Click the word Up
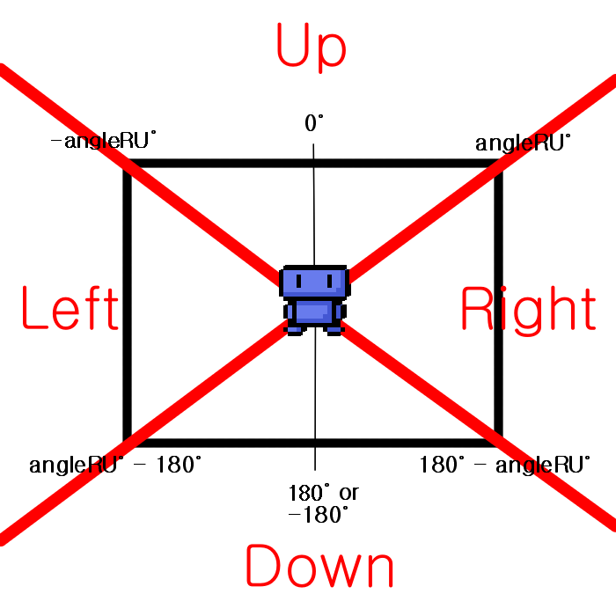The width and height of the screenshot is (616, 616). tap(311, 46)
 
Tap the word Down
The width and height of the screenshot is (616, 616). tap(319, 567)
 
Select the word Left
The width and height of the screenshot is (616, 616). tap(70, 309)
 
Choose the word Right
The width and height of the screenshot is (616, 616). tap(527, 310)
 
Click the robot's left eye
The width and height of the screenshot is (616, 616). tap(299, 282)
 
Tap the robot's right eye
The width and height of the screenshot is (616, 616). tap(330, 282)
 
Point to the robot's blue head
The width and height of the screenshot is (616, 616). tap(314, 282)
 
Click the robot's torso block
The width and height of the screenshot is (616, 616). tap(314, 312)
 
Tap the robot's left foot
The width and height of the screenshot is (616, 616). tap(294, 330)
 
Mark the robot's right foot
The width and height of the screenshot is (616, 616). tap(334, 330)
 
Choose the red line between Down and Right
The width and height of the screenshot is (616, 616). tap(480, 431)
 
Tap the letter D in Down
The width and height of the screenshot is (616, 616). tap(261, 567)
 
